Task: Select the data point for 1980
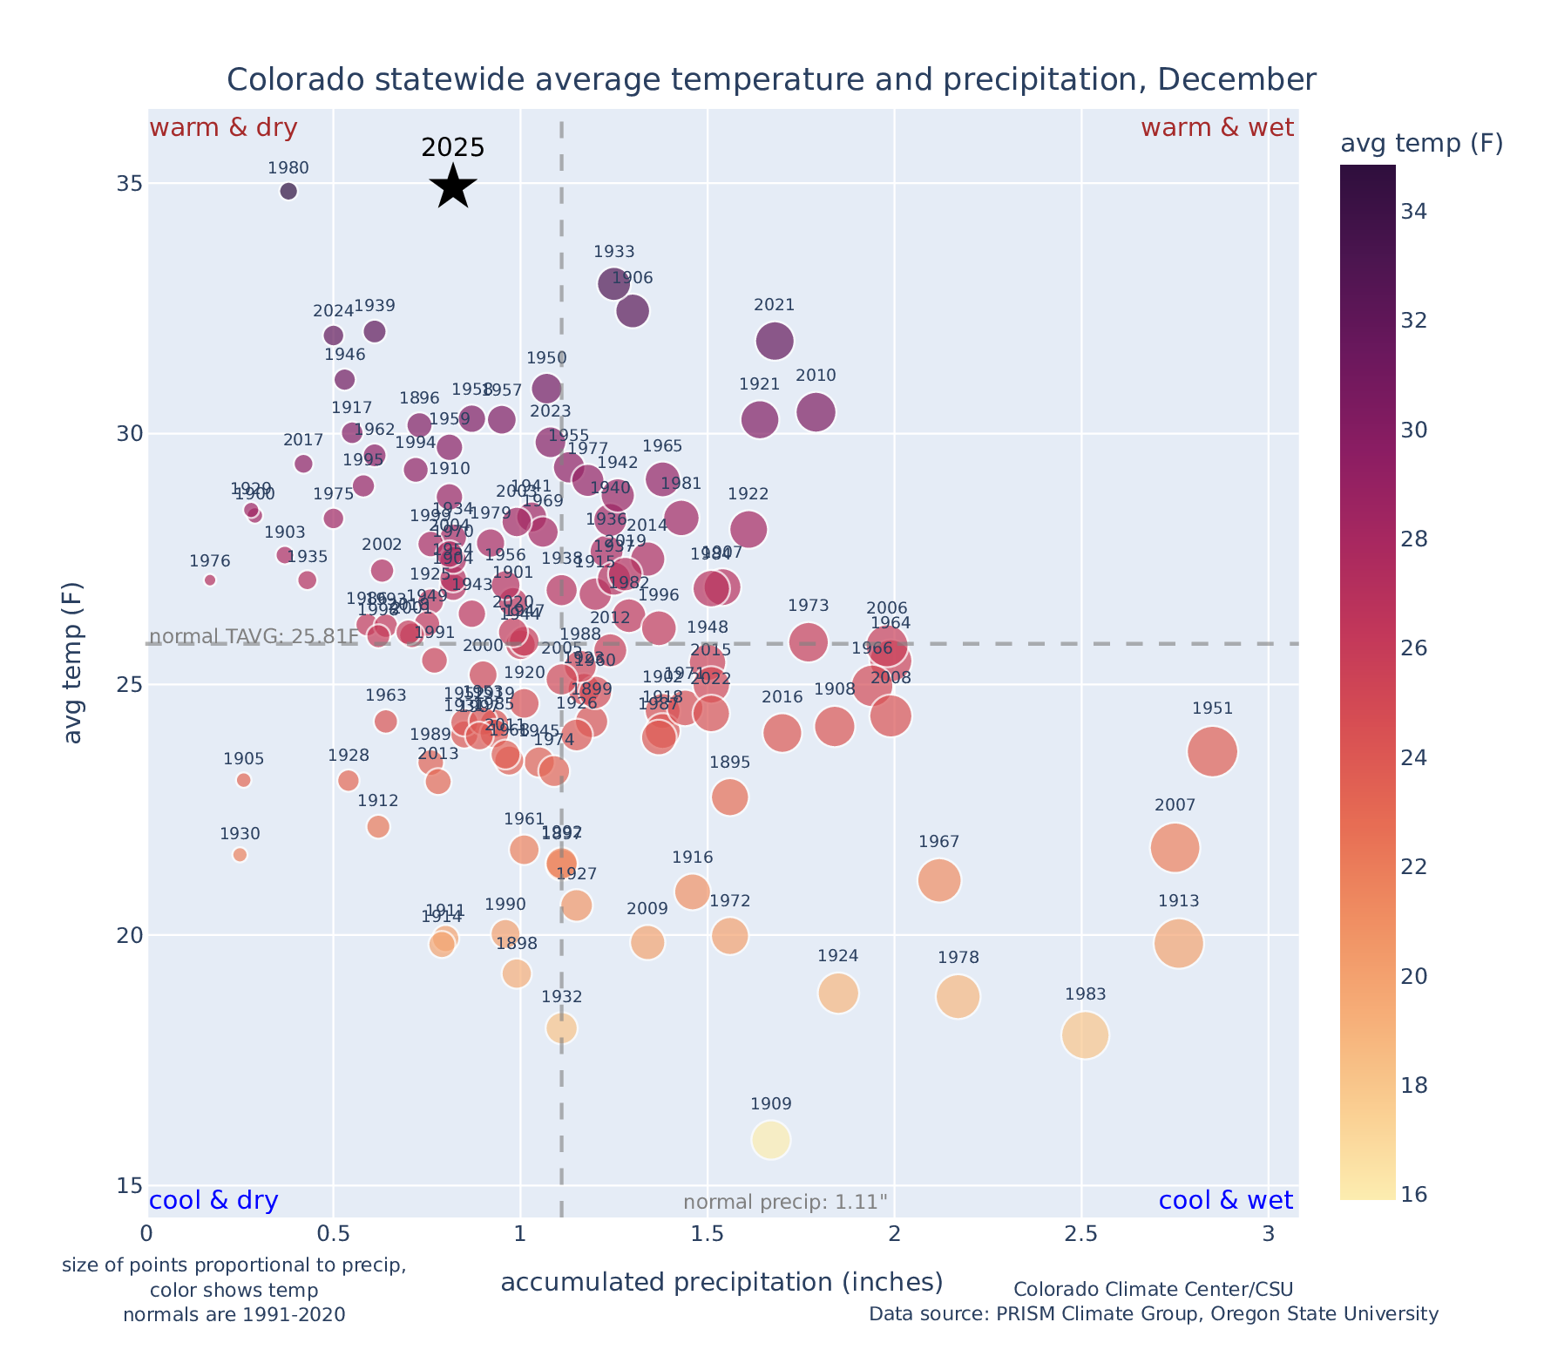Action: tap(289, 191)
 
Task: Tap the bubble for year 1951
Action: tap(1212, 751)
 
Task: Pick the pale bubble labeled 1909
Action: tap(771, 1139)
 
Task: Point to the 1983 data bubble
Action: tap(1085, 1034)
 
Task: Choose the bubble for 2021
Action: tap(775, 340)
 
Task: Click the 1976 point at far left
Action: tap(210, 580)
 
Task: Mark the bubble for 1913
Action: tap(1179, 943)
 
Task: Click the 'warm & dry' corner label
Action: tap(224, 128)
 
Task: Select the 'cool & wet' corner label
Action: tap(1225, 1201)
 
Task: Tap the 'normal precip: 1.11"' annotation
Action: tap(785, 1203)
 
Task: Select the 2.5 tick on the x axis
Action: tap(1081, 1234)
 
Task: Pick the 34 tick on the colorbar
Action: tap(1415, 212)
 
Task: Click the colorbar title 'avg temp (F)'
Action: tap(1421, 144)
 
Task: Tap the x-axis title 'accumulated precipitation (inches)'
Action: tap(721, 1282)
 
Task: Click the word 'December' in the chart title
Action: tap(1236, 80)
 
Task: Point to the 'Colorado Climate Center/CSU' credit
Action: tap(1153, 1289)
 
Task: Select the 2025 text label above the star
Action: tap(453, 147)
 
